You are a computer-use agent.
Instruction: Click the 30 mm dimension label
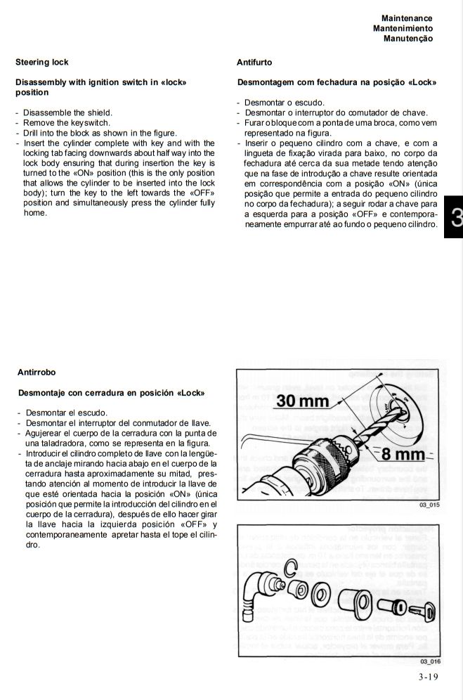click(x=304, y=401)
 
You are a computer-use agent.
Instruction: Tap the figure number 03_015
click(x=429, y=505)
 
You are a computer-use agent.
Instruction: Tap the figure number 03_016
click(x=429, y=661)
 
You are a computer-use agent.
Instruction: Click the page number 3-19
click(x=428, y=678)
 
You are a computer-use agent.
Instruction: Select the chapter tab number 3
click(x=455, y=217)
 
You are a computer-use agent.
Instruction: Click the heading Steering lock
click(x=42, y=63)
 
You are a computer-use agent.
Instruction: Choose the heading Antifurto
click(x=254, y=63)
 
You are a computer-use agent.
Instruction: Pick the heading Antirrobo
click(x=37, y=372)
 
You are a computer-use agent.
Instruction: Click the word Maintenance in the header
click(x=407, y=18)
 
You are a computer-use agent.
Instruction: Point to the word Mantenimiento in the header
click(x=403, y=27)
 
